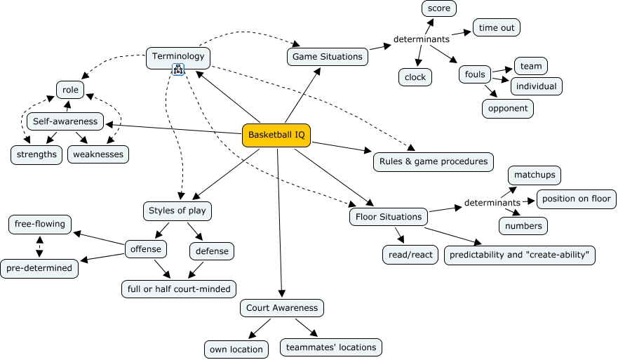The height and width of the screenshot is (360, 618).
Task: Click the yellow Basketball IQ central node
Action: point(276,135)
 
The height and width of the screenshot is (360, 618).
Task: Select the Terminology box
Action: point(178,57)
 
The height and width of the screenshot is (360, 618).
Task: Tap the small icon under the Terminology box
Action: point(178,69)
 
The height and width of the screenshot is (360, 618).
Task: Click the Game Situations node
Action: point(327,57)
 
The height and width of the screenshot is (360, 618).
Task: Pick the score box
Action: point(439,8)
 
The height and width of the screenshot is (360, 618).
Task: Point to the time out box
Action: point(497,27)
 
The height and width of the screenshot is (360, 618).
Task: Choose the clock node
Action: point(415,77)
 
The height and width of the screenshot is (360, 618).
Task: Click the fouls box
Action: point(475,74)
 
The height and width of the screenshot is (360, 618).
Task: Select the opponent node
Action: point(508,109)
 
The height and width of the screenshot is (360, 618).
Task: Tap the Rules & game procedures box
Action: point(433,161)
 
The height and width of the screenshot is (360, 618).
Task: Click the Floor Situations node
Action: point(389,217)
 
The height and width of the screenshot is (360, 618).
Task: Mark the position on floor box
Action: point(576,199)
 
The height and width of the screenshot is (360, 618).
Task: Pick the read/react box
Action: point(410,255)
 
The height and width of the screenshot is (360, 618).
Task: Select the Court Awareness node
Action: point(282,307)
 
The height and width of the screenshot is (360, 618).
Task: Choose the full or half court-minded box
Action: point(178,288)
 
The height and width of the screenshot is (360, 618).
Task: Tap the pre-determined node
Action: point(39,267)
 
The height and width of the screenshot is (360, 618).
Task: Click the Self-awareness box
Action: point(65,121)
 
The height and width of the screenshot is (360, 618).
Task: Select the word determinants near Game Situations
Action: point(421,39)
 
